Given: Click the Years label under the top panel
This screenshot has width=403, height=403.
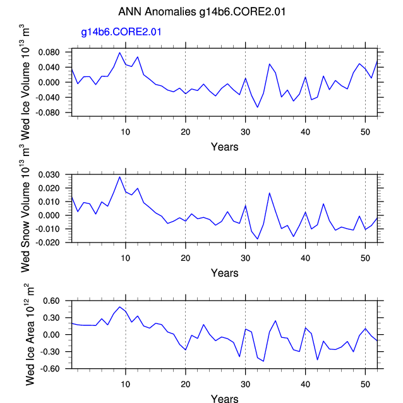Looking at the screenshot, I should [224, 147].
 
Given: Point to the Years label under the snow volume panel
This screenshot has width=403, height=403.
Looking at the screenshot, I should [224, 273].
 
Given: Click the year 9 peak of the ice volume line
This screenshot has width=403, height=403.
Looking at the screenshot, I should [119, 52].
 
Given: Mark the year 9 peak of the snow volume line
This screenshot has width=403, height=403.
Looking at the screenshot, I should [119, 177].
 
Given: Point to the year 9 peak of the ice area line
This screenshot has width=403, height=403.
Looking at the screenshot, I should [119, 307].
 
